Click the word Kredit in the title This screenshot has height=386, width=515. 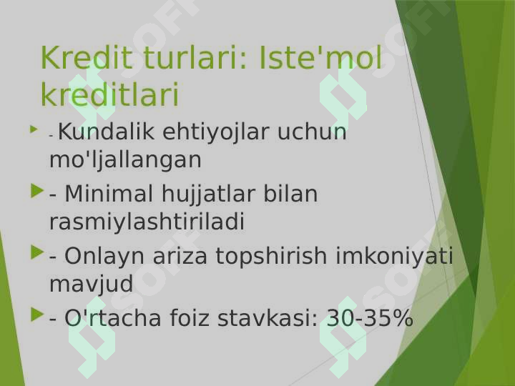[x=87, y=58]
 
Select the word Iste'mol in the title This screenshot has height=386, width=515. [x=321, y=58]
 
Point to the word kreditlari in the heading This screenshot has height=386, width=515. [x=109, y=94]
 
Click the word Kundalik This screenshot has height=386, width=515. [x=106, y=132]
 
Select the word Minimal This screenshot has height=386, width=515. [x=109, y=193]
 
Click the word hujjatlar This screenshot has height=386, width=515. [x=208, y=194]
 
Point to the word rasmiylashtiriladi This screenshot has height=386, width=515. [x=147, y=222]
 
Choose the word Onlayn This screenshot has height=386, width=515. [x=104, y=257]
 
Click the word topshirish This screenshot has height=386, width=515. [x=271, y=257]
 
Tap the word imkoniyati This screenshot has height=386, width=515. [x=394, y=255]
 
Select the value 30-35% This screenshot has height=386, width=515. [x=370, y=318]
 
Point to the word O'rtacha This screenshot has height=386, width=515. [x=112, y=318]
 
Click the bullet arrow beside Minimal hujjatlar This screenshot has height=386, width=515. [x=37, y=191]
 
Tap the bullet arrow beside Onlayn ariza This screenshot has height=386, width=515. [x=37, y=252]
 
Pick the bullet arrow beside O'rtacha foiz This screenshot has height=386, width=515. [x=37, y=315]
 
